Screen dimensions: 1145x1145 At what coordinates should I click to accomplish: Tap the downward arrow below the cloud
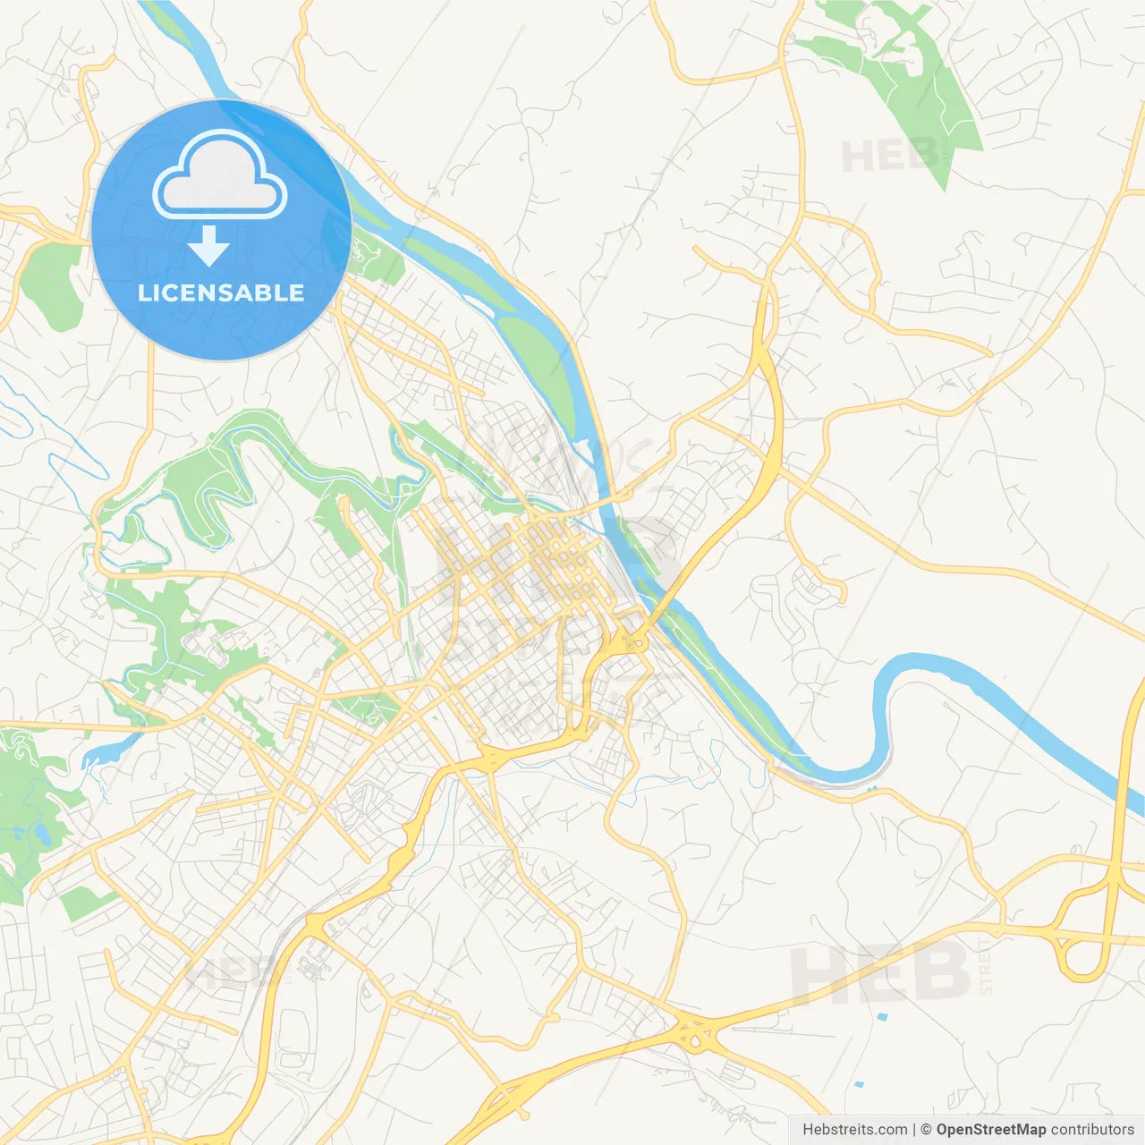[x=209, y=245]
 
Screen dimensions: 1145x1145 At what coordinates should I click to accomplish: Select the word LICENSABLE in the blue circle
[x=221, y=293]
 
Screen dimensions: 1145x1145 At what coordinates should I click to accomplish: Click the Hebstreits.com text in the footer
[x=854, y=1130]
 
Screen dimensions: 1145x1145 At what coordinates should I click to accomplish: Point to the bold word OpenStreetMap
[x=990, y=1130]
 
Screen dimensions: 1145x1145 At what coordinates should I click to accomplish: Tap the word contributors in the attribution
[x=1092, y=1130]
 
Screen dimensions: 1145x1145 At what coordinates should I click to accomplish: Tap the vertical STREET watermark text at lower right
[x=986, y=966]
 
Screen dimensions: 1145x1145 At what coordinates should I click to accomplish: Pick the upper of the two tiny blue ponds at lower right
[x=883, y=1017]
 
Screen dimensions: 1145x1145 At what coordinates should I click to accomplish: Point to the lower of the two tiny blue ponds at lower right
[x=860, y=1085]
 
